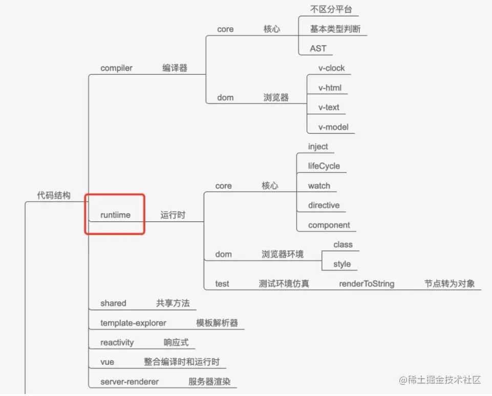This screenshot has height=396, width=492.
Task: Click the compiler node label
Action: (x=116, y=68)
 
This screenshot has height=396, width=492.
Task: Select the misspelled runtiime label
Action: (x=115, y=215)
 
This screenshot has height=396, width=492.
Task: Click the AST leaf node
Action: (x=318, y=49)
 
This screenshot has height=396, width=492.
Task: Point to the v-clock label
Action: (x=331, y=68)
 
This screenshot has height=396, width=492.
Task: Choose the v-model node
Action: (x=333, y=127)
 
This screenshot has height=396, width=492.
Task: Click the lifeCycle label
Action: (x=324, y=166)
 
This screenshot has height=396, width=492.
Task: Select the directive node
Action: (x=324, y=205)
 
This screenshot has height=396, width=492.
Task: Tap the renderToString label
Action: (x=367, y=284)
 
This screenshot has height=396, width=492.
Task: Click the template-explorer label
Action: (x=133, y=323)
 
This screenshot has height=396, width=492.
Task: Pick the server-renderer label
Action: (x=130, y=382)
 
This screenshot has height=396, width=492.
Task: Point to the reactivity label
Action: (x=117, y=343)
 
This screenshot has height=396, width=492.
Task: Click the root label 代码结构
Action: (x=54, y=196)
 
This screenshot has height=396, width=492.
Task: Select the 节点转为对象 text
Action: (x=450, y=284)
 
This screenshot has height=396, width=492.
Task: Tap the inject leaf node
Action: (x=318, y=147)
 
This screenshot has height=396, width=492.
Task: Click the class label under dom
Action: (x=343, y=245)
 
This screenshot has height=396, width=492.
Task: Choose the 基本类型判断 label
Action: (x=335, y=29)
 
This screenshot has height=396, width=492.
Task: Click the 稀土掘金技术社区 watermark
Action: (x=440, y=380)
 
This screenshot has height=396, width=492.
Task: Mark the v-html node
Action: (x=330, y=88)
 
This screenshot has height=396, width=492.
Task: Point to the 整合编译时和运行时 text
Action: (x=181, y=362)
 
